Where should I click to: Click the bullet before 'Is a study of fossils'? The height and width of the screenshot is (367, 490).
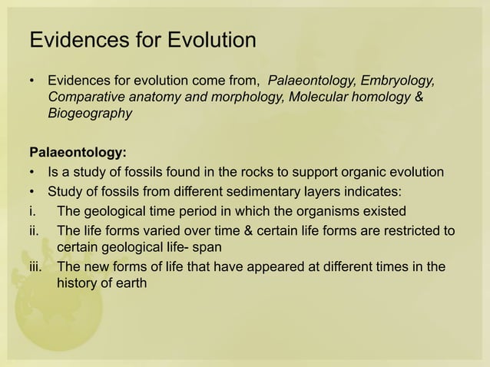(x=31, y=170)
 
